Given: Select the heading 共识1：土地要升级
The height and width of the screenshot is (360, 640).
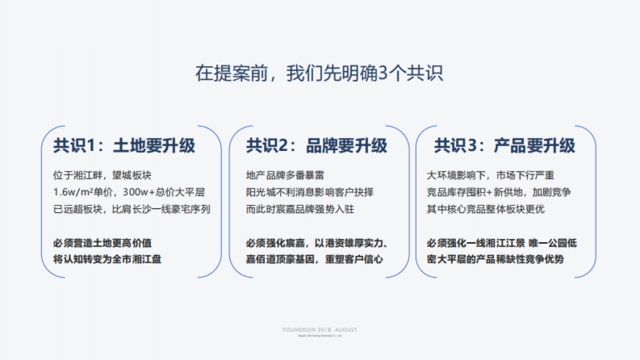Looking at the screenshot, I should click(x=124, y=146).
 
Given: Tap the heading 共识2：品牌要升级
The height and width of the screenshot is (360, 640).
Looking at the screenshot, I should click(x=317, y=146).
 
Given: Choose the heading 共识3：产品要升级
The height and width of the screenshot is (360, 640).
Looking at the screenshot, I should click(x=505, y=146).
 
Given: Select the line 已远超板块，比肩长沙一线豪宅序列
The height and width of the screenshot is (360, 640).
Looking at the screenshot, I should click(x=132, y=209).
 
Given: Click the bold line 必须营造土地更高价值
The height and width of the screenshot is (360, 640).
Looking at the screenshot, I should click(x=103, y=243).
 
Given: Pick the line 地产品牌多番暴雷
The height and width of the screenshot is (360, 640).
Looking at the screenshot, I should click(x=285, y=175).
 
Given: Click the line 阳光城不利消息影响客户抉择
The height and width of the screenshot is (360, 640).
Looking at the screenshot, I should click(x=310, y=192).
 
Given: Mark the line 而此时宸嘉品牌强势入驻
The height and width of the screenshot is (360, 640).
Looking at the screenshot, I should click(x=300, y=209).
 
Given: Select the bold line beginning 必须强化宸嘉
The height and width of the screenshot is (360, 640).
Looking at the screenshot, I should click(x=317, y=243).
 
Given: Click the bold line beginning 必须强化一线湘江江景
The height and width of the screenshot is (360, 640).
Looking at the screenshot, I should click(x=502, y=243).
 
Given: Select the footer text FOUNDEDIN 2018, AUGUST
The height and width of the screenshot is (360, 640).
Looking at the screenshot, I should click(x=319, y=330).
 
